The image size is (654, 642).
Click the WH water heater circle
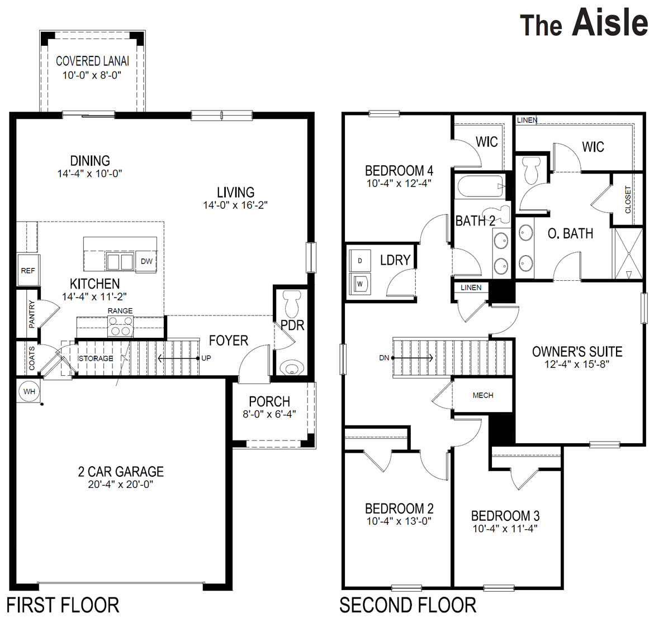pyautogui.click(x=29, y=391)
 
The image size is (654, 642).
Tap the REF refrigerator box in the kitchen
pyautogui.click(x=27, y=271)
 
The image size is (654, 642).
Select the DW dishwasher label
pyautogui.click(x=146, y=261)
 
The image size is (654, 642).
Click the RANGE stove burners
pyautogui.click(x=121, y=325)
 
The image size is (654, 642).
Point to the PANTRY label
pyautogui.click(x=32, y=314)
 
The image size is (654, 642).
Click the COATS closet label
pyautogui.click(x=32, y=358)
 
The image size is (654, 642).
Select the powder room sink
pyautogui.click(x=292, y=368)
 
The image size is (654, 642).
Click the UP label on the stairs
pyautogui.click(x=206, y=358)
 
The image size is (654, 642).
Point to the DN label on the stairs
pyautogui.click(x=384, y=358)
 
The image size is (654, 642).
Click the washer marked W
pyautogui.click(x=360, y=284)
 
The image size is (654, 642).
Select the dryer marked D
pyautogui.click(x=360, y=261)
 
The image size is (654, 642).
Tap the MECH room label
pyautogui.click(x=483, y=395)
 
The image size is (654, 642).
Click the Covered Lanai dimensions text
pyautogui.click(x=92, y=75)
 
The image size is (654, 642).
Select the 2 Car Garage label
pyautogui.click(x=121, y=472)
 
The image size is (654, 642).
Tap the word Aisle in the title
pyautogui.click(x=610, y=23)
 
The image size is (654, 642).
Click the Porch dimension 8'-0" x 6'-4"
pyautogui.click(x=269, y=414)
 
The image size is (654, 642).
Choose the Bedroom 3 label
pyautogui.click(x=505, y=516)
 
